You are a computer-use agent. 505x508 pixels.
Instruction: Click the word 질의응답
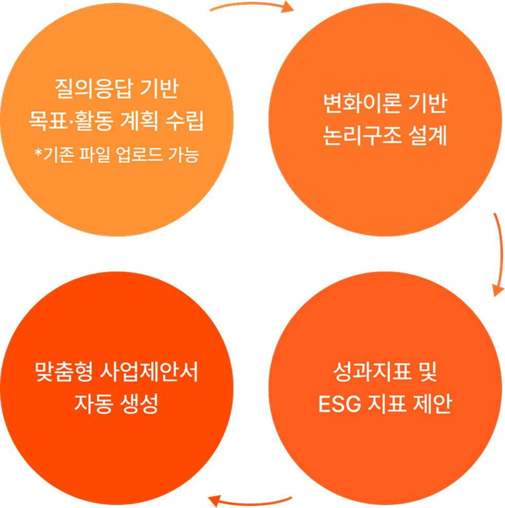coord(94,88)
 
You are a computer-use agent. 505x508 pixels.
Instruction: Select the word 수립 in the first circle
coord(184,120)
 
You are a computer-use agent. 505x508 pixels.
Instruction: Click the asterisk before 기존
coord(39,152)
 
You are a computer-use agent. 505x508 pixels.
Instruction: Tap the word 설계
coord(428,135)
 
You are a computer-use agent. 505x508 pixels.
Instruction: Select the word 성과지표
coord(372,372)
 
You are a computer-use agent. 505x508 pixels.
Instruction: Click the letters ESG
coord(339,404)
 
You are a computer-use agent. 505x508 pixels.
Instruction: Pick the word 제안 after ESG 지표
coord(432,404)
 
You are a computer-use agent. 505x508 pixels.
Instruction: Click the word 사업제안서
coord(149,372)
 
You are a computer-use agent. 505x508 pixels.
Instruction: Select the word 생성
coord(139,404)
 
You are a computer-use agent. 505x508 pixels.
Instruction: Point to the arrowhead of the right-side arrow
coord(498,290)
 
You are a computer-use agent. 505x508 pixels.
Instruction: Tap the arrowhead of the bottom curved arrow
coord(214,501)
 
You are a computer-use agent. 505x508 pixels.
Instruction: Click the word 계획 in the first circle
coord(139,120)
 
